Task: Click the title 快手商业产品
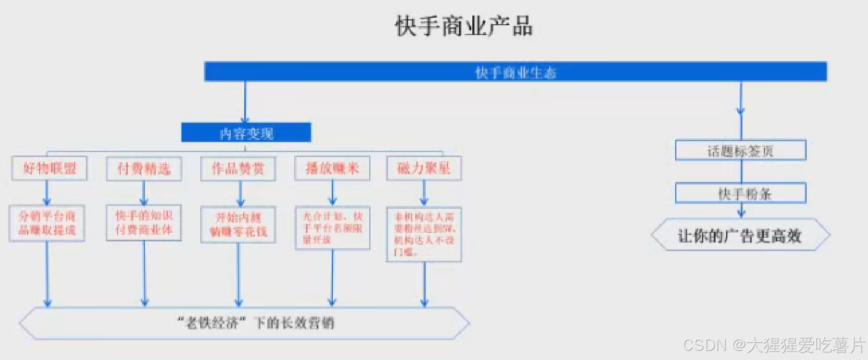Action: (x=464, y=26)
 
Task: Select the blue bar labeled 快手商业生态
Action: (x=515, y=72)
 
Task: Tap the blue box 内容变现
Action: (x=246, y=133)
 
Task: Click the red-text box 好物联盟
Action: (x=49, y=168)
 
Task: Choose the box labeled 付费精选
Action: (x=144, y=169)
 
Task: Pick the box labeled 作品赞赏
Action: (x=238, y=169)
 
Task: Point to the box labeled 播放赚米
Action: (x=332, y=168)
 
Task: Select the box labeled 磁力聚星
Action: (x=424, y=168)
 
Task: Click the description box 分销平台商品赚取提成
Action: (x=47, y=223)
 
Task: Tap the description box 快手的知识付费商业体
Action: (x=144, y=223)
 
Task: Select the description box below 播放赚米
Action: (x=332, y=228)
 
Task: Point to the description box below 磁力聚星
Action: (x=424, y=234)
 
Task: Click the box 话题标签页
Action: (x=740, y=151)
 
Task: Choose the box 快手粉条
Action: (x=740, y=193)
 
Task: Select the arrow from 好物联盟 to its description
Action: (x=47, y=193)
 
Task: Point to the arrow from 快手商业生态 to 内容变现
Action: (x=245, y=102)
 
